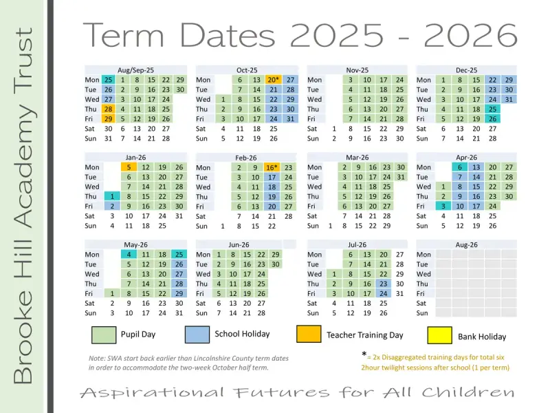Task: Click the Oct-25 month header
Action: point(247,70)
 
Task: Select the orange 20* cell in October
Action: point(273,80)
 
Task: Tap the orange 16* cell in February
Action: point(272,167)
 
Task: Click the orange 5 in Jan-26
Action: point(129,167)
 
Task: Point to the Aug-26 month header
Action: point(466,245)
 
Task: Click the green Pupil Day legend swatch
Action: point(104,335)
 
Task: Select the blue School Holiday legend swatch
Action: point(197,335)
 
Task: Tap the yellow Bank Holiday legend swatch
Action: point(439,335)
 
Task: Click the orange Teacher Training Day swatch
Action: point(309,334)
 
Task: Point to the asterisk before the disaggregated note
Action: point(364,354)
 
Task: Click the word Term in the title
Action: point(124,35)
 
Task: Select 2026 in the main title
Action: point(470,35)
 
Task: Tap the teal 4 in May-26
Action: point(129,254)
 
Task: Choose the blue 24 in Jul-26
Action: point(384,293)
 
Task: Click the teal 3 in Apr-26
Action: point(443,206)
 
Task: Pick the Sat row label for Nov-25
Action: point(312,129)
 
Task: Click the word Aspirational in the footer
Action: point(152,392)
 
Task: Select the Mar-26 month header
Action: point(357,158)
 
